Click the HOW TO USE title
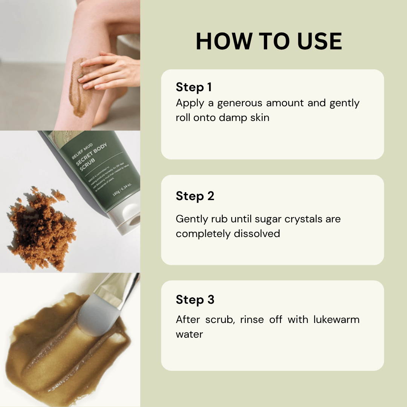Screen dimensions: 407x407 click(x=269, y=41)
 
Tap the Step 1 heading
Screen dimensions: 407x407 click(x=193, y=87)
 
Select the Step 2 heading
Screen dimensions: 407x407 click(x=195, y=196)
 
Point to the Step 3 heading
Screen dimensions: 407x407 click(x=195, y=300)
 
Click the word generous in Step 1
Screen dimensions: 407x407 click(x=240, y=103)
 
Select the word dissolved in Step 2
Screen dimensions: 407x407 click(x=257, y=234)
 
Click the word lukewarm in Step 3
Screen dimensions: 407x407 click(x=337, y=320)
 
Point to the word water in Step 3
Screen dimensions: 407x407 click(x=189, y=334)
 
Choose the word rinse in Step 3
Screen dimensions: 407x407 click(x=248, y=320)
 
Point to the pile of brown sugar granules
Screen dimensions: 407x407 click(x=41, y=230)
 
